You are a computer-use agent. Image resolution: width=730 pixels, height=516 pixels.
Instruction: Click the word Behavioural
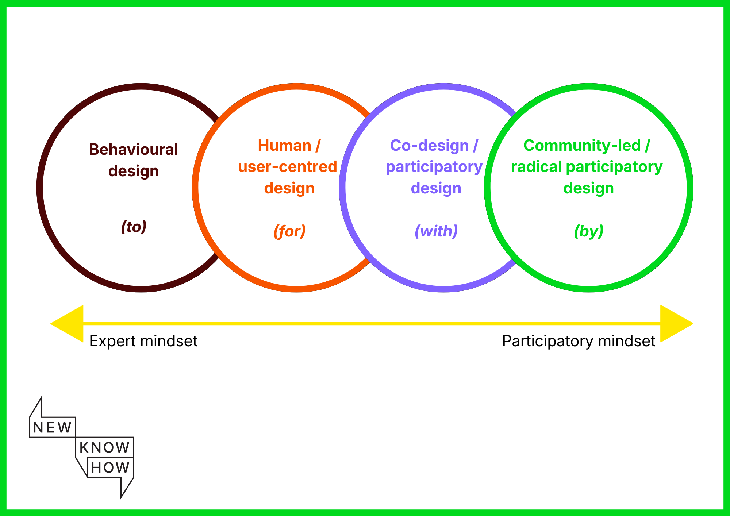[134, 150]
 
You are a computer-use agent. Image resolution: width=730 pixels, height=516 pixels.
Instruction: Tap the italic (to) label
[134, 227]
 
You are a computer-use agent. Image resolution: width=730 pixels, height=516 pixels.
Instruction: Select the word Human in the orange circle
[284, 146]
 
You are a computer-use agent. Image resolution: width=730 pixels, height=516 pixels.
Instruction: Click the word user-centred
[288, 167]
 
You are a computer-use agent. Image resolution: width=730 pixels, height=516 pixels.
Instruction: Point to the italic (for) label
[289, 231]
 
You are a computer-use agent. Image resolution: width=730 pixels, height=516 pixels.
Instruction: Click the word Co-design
[429, 146]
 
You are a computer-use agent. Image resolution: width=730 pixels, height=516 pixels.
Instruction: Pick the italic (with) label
[436, 231]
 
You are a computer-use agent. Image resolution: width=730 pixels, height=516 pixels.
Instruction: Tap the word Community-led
[582, 146]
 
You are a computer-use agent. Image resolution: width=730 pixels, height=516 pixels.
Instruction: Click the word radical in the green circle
[536, 167]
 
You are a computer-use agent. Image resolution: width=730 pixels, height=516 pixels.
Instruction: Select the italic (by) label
[589, 231]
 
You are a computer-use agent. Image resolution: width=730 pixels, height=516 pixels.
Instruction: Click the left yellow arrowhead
[69, 324]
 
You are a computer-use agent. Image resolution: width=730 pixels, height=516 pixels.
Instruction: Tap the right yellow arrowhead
[675, 324]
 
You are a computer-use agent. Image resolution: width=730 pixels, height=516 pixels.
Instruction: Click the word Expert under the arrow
[113, 341]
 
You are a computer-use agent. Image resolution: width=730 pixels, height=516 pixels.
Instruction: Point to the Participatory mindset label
[579, 341]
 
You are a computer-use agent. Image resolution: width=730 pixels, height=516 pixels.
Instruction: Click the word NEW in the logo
[52, 427]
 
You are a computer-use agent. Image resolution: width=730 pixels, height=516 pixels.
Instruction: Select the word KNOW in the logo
[105, 447]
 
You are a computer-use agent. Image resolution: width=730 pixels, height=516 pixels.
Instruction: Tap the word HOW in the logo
[110, 467]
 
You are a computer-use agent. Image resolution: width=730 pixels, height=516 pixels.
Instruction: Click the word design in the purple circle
[436, 188]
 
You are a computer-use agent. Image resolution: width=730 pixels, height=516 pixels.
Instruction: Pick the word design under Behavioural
[134, 171]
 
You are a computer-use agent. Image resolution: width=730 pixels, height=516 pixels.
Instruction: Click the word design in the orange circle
[289, 188]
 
